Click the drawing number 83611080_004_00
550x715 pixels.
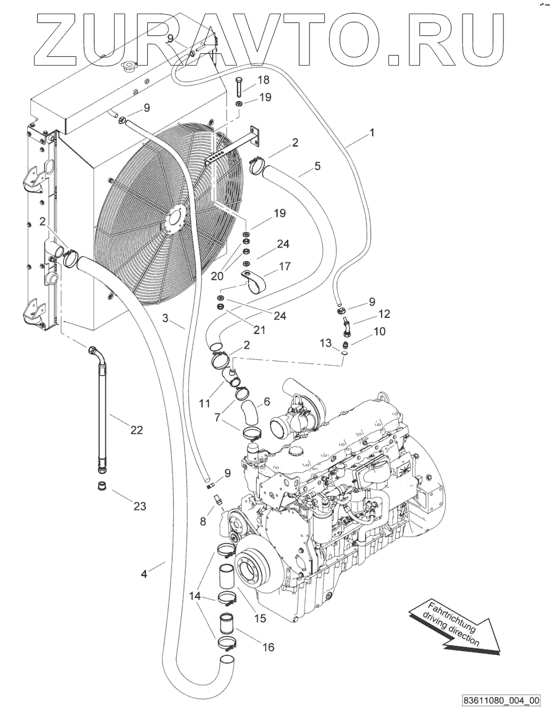[502, 701]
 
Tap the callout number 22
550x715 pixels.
[136, 430]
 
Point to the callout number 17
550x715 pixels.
[284, 266]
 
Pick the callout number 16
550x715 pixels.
[268, 647]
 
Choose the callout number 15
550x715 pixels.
[259, 619]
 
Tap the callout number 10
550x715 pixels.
[379, 331]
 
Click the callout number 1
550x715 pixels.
[372, 134]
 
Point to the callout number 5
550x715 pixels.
[317, 166]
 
